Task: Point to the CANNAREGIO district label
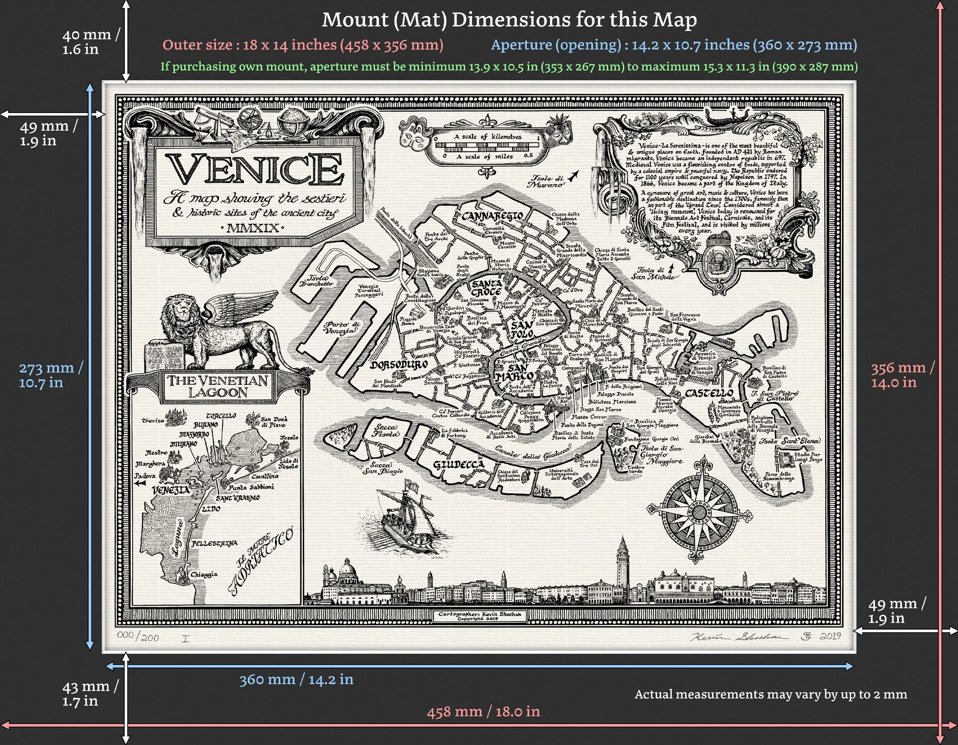click(492, 216)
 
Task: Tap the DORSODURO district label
click(399, 365)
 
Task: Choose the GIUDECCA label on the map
click(458, 464)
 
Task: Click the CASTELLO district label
click(709, 393)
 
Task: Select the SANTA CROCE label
click(486, 288)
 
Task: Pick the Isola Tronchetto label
click(316, 281)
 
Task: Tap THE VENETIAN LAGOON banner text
click(217, 386)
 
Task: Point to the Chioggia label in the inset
click(204, 574)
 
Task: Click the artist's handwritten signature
click(738, 637)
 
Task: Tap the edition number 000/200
click(138, 636)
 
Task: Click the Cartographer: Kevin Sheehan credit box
click(479, 616)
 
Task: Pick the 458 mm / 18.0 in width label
click(483, 711)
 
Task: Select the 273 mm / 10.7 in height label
click(50, 375)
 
